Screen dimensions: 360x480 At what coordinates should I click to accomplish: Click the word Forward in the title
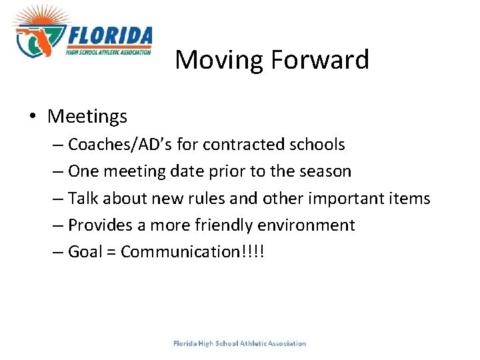click(320, 60)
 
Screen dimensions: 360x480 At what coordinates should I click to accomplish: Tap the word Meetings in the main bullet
click(87, 117)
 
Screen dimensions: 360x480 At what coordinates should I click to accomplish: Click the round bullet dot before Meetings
click(33, 117)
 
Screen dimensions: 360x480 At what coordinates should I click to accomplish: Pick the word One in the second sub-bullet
click(83, 171)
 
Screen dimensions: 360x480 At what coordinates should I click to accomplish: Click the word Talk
click(84, 199)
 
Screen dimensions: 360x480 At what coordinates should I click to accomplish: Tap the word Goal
click(85, 252)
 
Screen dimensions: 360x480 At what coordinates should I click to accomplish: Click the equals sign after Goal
click(111, 253)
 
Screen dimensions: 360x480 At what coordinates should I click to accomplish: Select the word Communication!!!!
click(193, 252)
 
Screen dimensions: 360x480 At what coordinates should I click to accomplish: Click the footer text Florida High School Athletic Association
click(239, 343)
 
